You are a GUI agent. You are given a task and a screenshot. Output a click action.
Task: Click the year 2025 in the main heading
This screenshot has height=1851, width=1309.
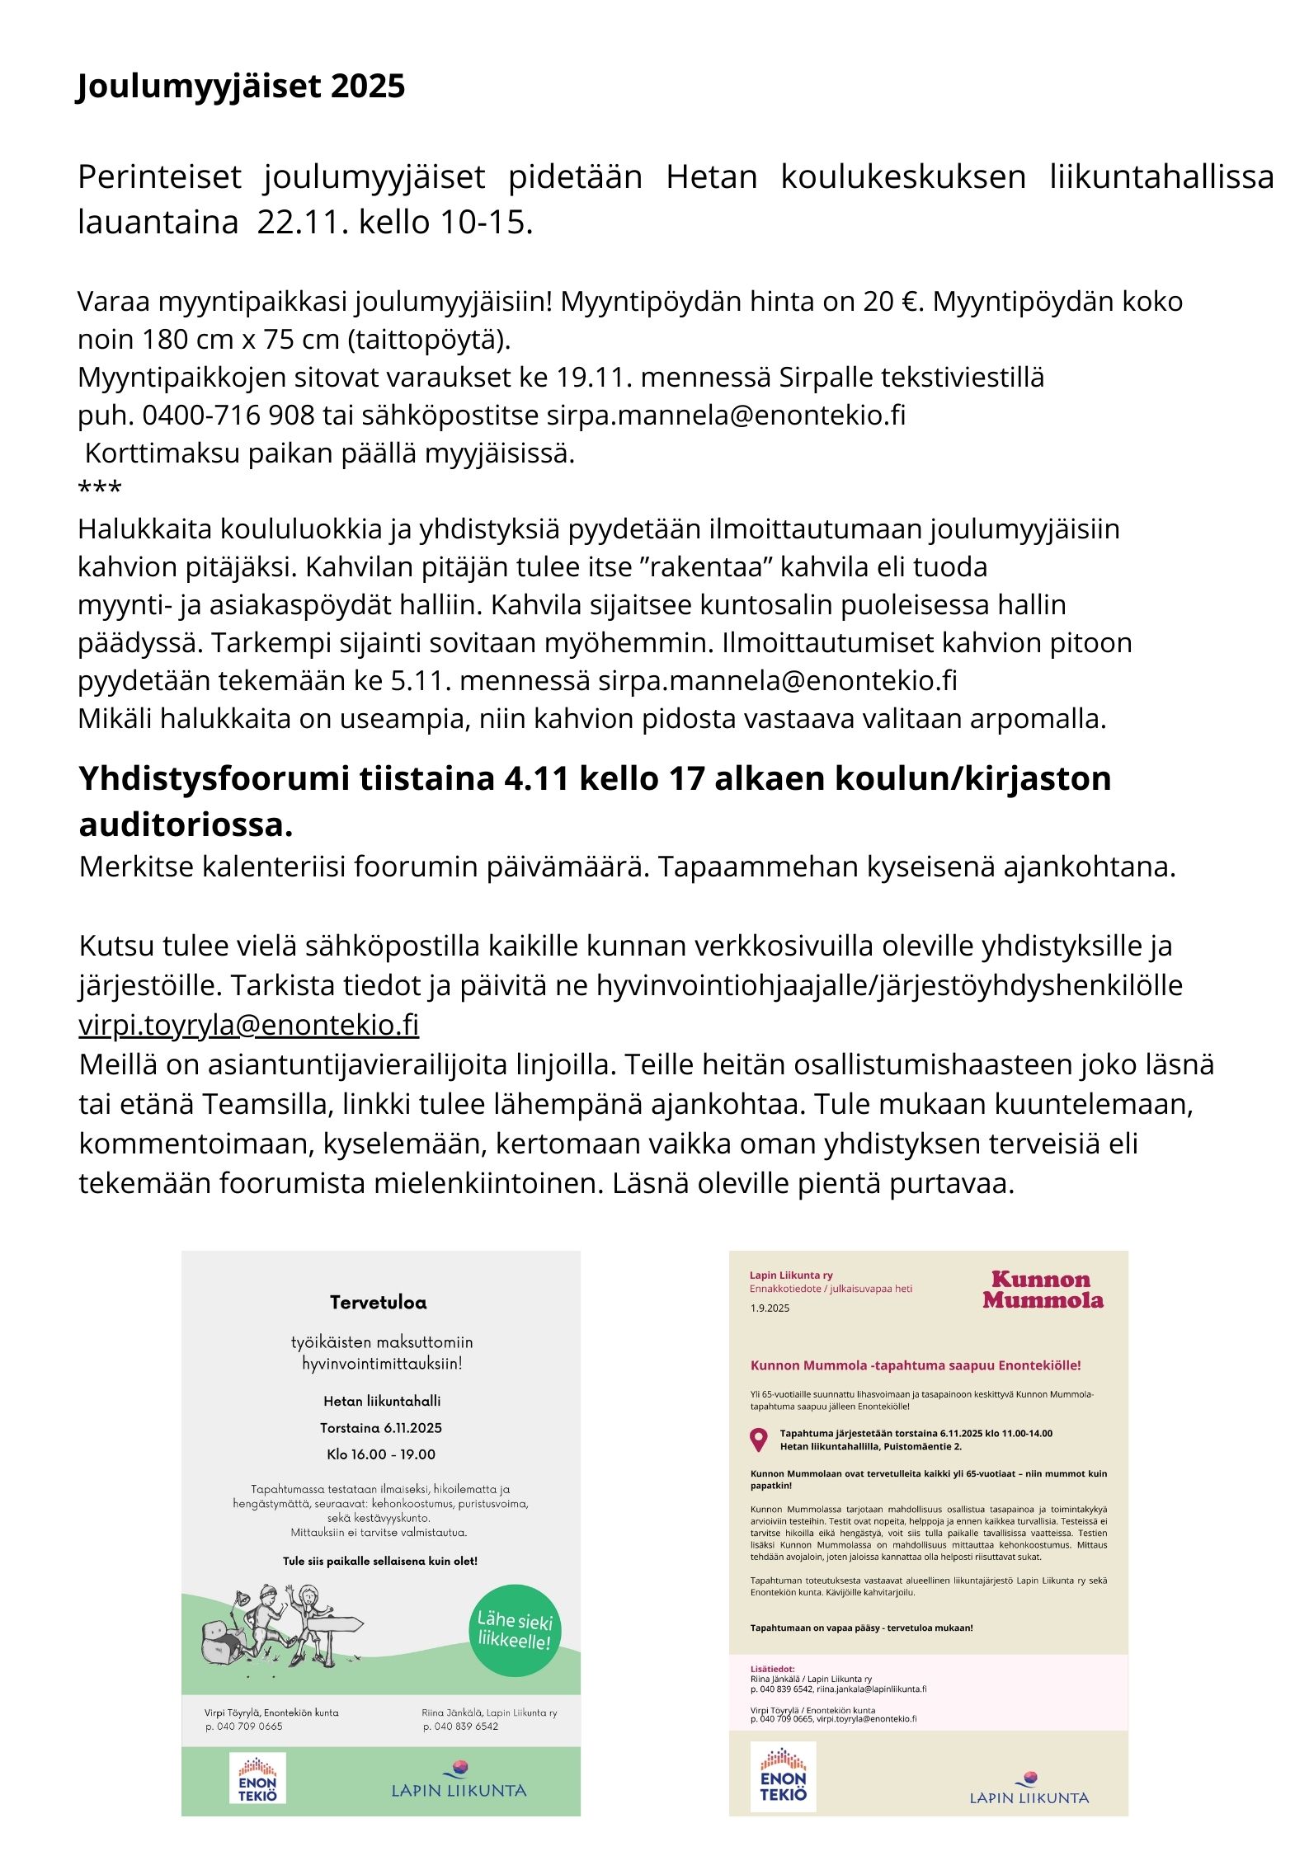coord(368,87)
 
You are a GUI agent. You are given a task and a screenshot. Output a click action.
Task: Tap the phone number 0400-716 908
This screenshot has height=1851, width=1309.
coord(228,415)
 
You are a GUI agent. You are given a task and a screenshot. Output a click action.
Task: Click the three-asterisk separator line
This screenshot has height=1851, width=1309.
coord(99,490)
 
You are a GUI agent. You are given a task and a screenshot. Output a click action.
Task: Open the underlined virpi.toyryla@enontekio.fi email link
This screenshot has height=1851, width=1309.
coord(249,1025)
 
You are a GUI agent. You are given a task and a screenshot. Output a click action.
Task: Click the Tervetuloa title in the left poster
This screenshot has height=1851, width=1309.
coord(379,1303)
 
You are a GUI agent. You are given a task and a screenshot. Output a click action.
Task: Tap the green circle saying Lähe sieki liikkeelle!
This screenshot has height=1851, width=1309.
coord(515,1630)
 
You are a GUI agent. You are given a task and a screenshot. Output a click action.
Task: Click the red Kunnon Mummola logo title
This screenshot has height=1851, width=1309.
coord(1043,1290)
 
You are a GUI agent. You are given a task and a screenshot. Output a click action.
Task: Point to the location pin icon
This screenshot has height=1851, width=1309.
coord(758,1440)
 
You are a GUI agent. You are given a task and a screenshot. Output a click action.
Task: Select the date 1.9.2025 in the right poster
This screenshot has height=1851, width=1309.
coord(770,1308)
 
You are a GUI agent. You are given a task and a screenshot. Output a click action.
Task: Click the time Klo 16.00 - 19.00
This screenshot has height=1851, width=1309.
coord(380,1454)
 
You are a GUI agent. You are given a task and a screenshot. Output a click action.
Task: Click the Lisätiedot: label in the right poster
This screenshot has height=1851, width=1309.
coord(772,1669)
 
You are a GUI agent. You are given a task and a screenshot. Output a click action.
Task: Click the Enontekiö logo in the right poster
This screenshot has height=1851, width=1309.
coord(783,1777)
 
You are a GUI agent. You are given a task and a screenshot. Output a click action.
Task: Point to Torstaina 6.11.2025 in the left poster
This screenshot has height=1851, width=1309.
coord(380,1428)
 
